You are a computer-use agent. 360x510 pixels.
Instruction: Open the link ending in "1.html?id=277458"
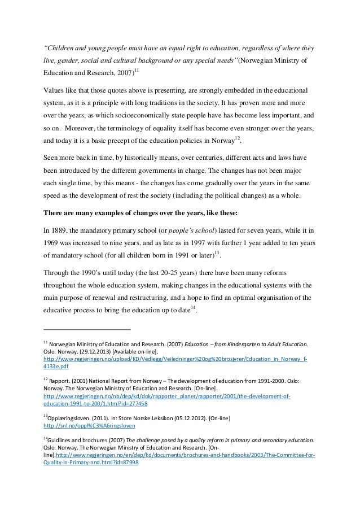coord(95,404)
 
